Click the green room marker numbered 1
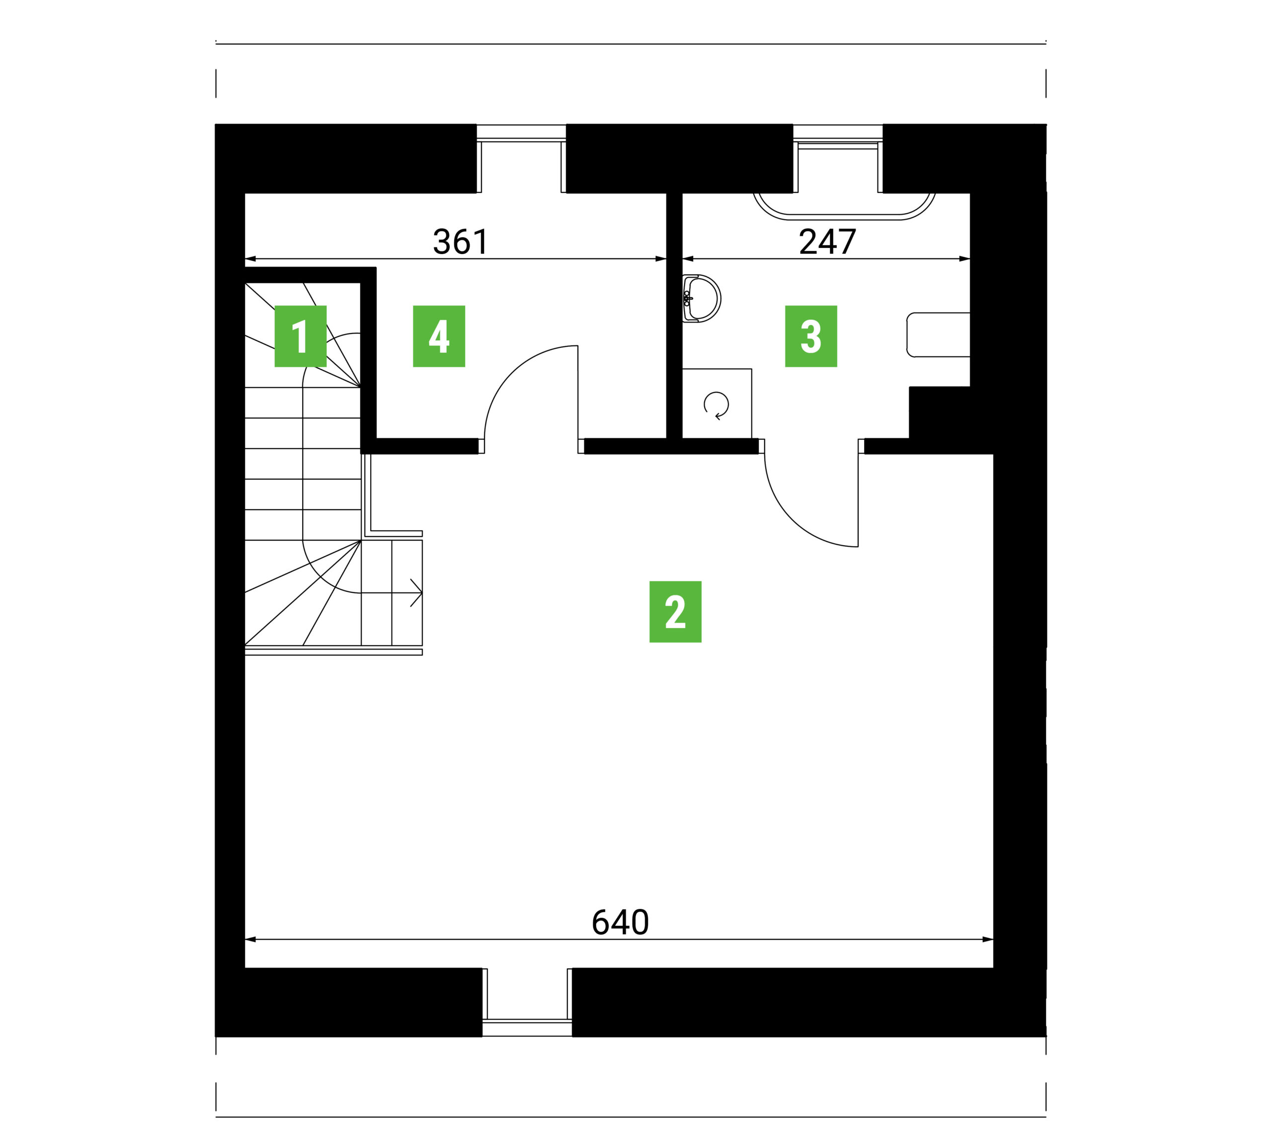click(300, 336)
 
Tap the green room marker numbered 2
click(675, 611)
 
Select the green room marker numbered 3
click(811, 336)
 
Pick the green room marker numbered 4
click(438, 336)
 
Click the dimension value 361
click(461, 242)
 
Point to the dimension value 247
click(827, 242)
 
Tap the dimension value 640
click(620, 923)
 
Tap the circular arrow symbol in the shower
click(716, 405)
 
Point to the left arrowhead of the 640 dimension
click(250, 939)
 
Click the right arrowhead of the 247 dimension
click(964, 258)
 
